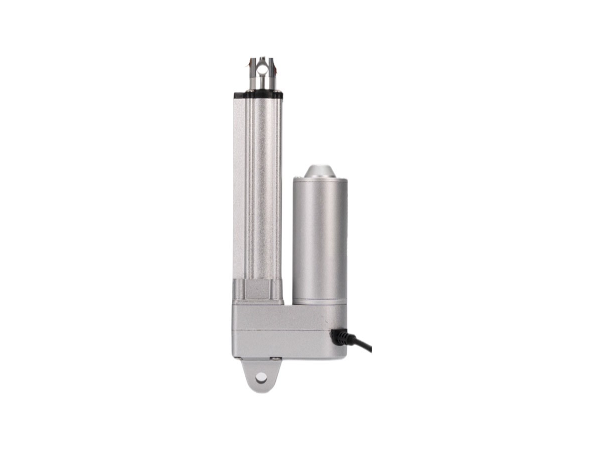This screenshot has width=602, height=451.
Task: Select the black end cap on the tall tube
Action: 257,94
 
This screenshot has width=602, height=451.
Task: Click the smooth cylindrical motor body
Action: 320,236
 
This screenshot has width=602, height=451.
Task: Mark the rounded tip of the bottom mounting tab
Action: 260,389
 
